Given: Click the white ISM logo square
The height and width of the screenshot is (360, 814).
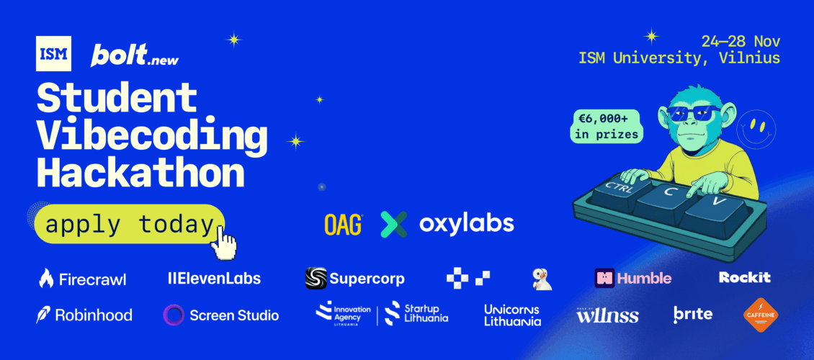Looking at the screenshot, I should click(53, 53).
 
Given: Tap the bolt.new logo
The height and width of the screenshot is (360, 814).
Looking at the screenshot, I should click(135, 55).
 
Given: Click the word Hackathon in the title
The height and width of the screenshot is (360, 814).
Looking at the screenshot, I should click(140, 172).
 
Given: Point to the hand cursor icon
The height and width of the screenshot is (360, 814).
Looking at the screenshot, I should click(225, 245).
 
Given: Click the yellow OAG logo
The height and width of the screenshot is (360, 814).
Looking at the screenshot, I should click(343, 223).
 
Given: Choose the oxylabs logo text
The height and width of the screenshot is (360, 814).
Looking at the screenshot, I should click(466, 223).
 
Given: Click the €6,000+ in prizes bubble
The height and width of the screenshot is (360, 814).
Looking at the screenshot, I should click(605, 126).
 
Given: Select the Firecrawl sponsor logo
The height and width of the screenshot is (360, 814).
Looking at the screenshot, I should click(83, 279).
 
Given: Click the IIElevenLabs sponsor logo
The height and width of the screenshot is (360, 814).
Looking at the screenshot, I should click(209, 278).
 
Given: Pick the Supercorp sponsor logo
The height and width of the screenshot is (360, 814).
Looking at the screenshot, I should click(355, 278).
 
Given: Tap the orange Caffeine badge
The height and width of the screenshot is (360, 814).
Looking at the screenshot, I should click(761, 315).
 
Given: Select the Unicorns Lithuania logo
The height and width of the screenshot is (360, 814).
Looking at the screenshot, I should click(512, 315).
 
